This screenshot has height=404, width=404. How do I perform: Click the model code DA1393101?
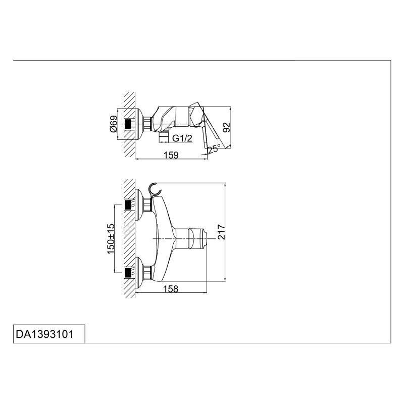point(45,334)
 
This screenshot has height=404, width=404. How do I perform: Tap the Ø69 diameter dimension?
point(114,124)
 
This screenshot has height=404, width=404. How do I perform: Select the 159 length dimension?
point(171,155)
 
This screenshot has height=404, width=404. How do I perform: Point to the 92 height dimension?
point(226,127)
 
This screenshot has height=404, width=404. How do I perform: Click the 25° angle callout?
point(214,148)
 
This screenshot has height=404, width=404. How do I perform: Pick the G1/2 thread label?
point(182,138)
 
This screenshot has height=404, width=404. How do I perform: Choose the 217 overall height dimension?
point(221,232)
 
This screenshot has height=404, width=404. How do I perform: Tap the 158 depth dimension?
point(171,289)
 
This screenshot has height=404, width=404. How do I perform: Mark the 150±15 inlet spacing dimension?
point(111,238)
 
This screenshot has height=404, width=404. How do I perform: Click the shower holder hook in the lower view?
point(155,189)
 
